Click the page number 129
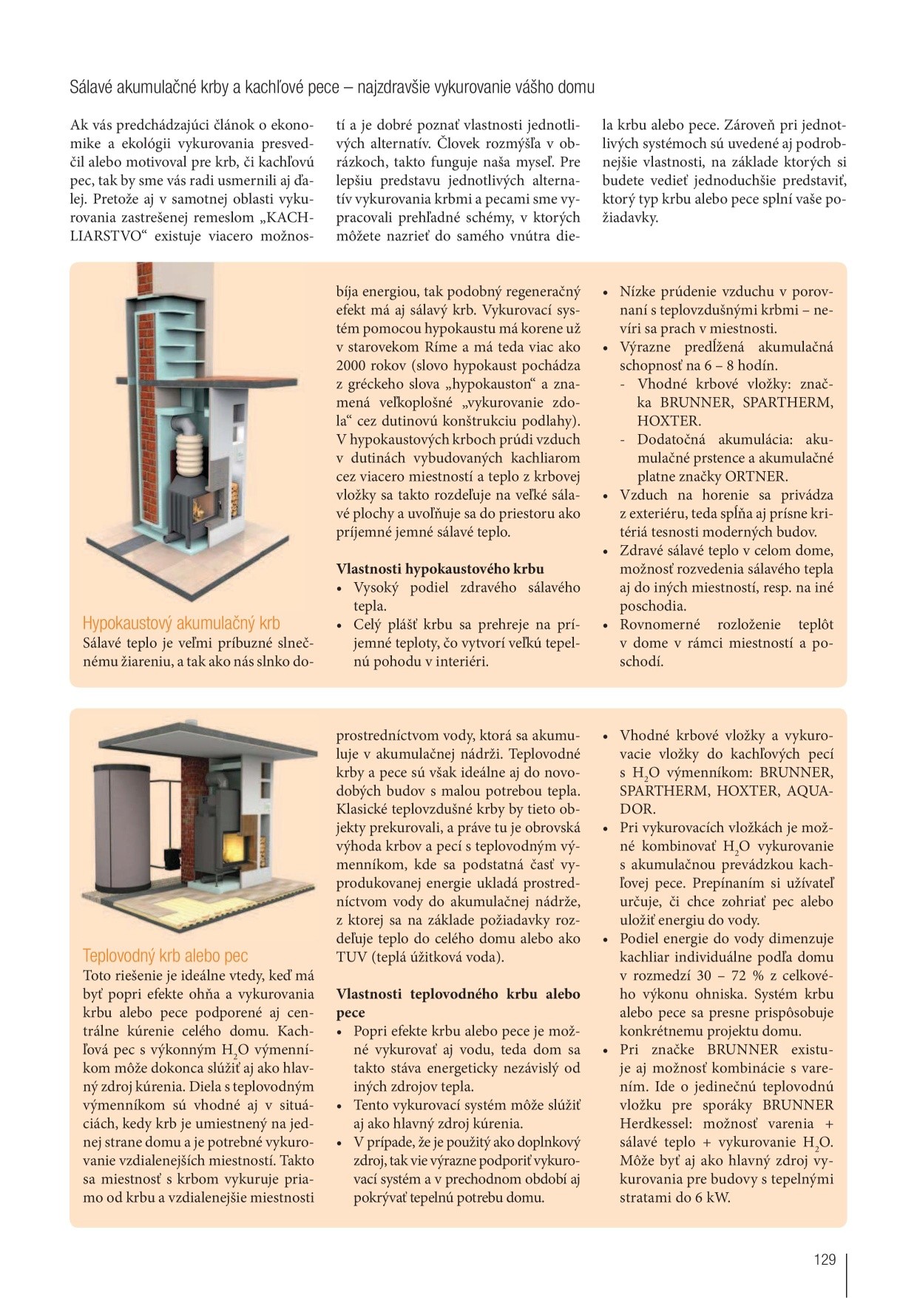click(x=825, y=1260)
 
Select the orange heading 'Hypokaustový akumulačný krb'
click(x=181, y=623)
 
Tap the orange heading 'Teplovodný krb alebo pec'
click(x=165, y=956)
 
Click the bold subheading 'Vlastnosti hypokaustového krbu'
click(x=440, y=569)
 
